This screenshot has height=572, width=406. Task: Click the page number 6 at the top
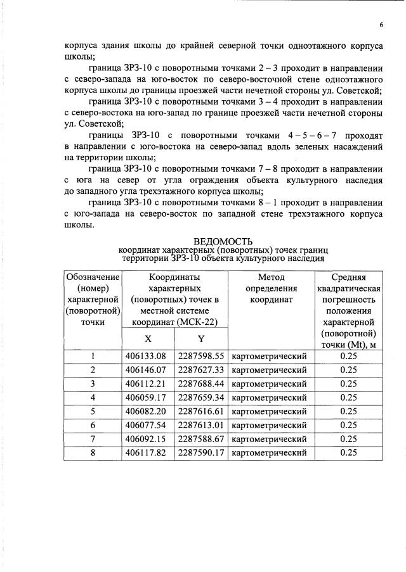381,25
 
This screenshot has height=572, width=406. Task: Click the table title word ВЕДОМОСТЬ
223,241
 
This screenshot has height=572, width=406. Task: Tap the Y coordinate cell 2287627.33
201,370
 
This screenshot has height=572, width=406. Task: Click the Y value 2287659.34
201,398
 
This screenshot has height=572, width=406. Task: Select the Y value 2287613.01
201,425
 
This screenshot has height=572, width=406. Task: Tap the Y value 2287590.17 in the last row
201,452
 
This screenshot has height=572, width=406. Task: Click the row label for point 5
93,411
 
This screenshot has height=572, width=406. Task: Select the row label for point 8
93,452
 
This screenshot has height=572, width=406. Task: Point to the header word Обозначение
93,277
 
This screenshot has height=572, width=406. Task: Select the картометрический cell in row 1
270,356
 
